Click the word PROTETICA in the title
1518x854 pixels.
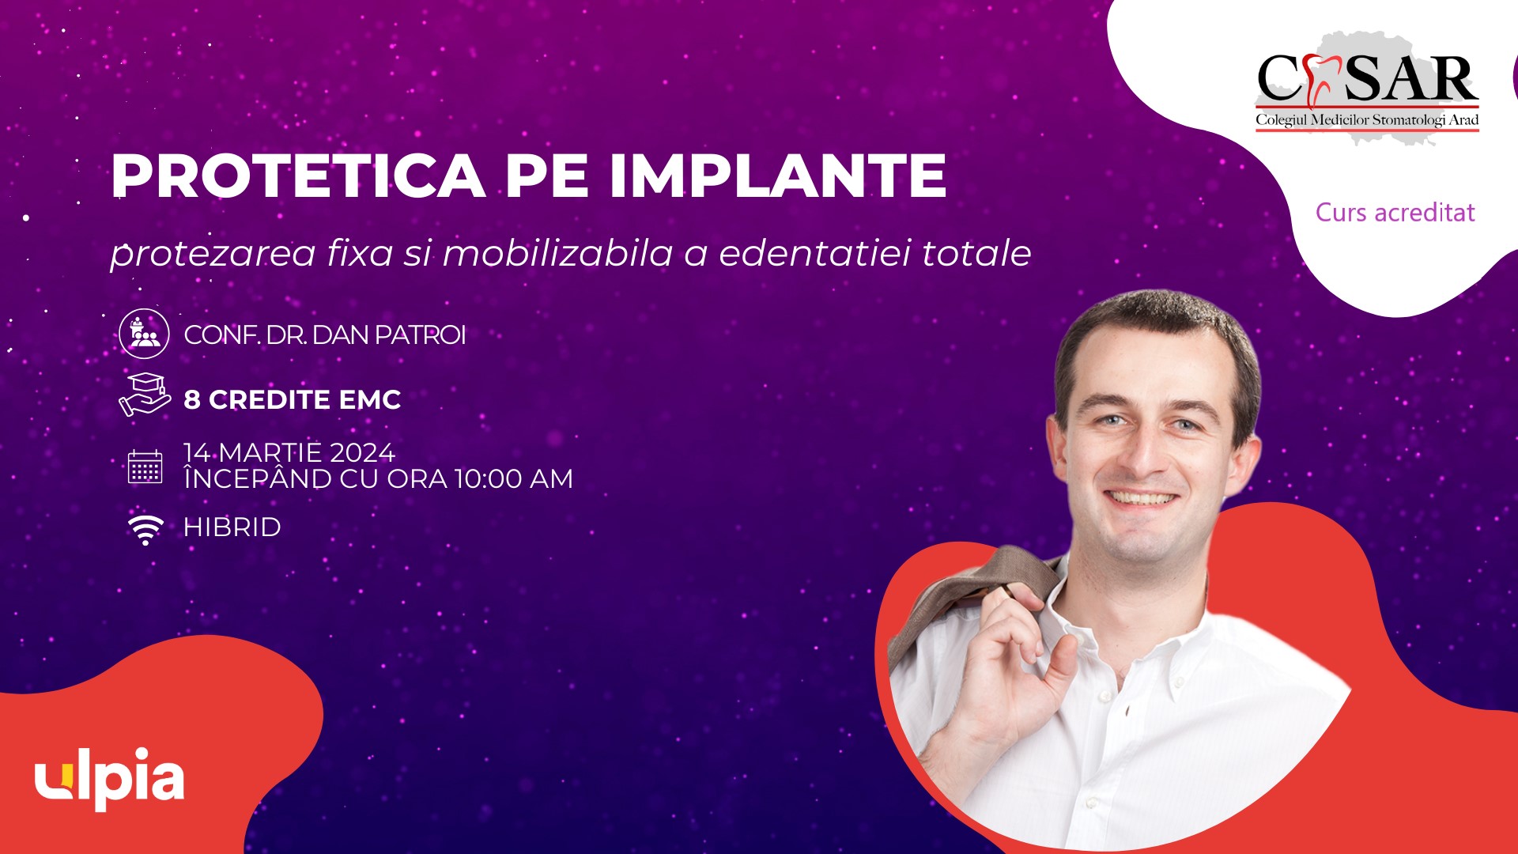pyautogui.click(x=298, y=175)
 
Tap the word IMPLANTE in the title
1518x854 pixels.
pyautogui.click(x=777, y=175)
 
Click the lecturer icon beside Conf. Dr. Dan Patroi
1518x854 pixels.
pyautogui.click(x=144, y=334)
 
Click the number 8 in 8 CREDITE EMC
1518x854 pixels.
pyautogui.click(x=192, y=399)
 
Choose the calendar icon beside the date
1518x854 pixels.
pyautogui.click(x=145, y=467)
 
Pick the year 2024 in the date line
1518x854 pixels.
pyautogui.click(x=362, y=452)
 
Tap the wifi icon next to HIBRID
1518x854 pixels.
pyautogui.click(x=145, y=529)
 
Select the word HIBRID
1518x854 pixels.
pyautogui.click(x=232, y=527)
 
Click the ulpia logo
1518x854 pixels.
pyautogui.click(x=110, y=778)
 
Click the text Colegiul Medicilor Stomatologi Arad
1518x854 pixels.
pyautogui.click(x=1367, y=119)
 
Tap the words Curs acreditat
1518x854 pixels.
pyautogui.click(x=1395, y=212)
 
